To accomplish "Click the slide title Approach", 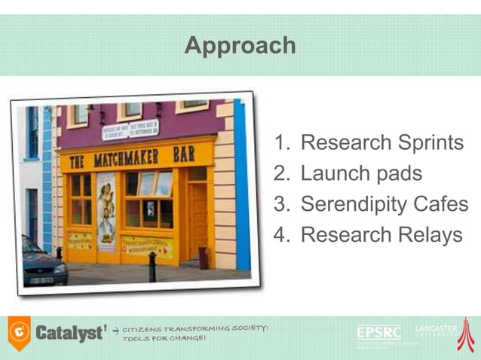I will pyautogui.click(x=240, y=46).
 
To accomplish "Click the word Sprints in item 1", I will pyautogui.click(x=424, y=142).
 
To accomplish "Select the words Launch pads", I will pyautogui.click(x=361, y=173).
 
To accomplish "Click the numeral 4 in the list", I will pyautogui.click(x=281, y=235).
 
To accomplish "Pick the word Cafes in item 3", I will pyautogui.click(x=443, y=204).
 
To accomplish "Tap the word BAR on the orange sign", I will pyautogui.click(x=183, y=154).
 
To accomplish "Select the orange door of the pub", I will pyautogui.click(x=198, y=219).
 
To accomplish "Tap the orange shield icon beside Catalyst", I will pyautogui.click(x=19, y=332).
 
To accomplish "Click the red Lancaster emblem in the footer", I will pyautogui.click(x=466, y=334).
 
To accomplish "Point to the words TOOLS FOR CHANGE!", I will pyautogui.click(x=164, y=338).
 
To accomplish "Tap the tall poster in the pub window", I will pyautogui.click(x=106, y=212).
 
